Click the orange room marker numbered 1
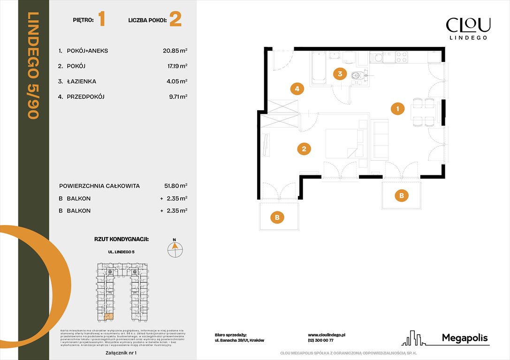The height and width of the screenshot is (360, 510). pos(397,109)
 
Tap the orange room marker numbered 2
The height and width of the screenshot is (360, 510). pos(304,150)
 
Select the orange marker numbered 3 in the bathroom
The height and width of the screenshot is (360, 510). pos(340,74)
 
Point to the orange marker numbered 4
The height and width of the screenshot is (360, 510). pos(297,88)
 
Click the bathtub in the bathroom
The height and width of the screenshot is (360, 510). pos(319,68)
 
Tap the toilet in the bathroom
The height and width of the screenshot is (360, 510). pos(358,75)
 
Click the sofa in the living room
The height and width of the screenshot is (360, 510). pos(379,140)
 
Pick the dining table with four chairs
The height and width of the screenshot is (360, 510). pos(422,112)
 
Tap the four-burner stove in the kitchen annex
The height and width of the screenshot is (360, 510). pos(401,57)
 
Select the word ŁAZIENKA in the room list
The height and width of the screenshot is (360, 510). pos(81,82)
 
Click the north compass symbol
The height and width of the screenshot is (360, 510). pos(175,248)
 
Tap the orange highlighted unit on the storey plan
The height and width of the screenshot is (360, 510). pos(108,316)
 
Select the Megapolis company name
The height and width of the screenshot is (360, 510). pos(465,338)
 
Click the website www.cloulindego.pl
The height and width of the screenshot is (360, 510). pos(327,335)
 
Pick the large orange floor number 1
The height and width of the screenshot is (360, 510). pos(102,20)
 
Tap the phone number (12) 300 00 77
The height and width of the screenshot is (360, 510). pos(320,341)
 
